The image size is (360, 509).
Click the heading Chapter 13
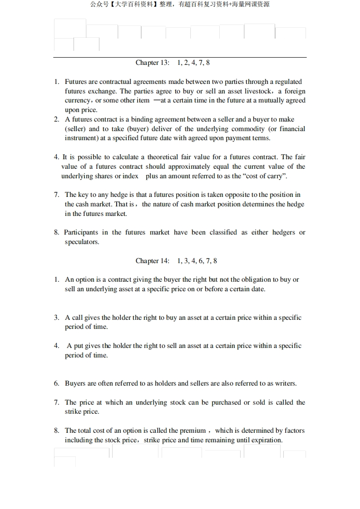click(152, 63)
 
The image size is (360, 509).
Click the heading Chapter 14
click(152, 261)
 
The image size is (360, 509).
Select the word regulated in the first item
click(287, 82)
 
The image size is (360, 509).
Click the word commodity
click(249, 129)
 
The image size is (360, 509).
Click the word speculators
click(82, 242)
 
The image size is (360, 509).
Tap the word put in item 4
click(79, 346)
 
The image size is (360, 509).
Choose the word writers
click(284, 383)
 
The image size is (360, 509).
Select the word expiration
click(265, 440)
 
